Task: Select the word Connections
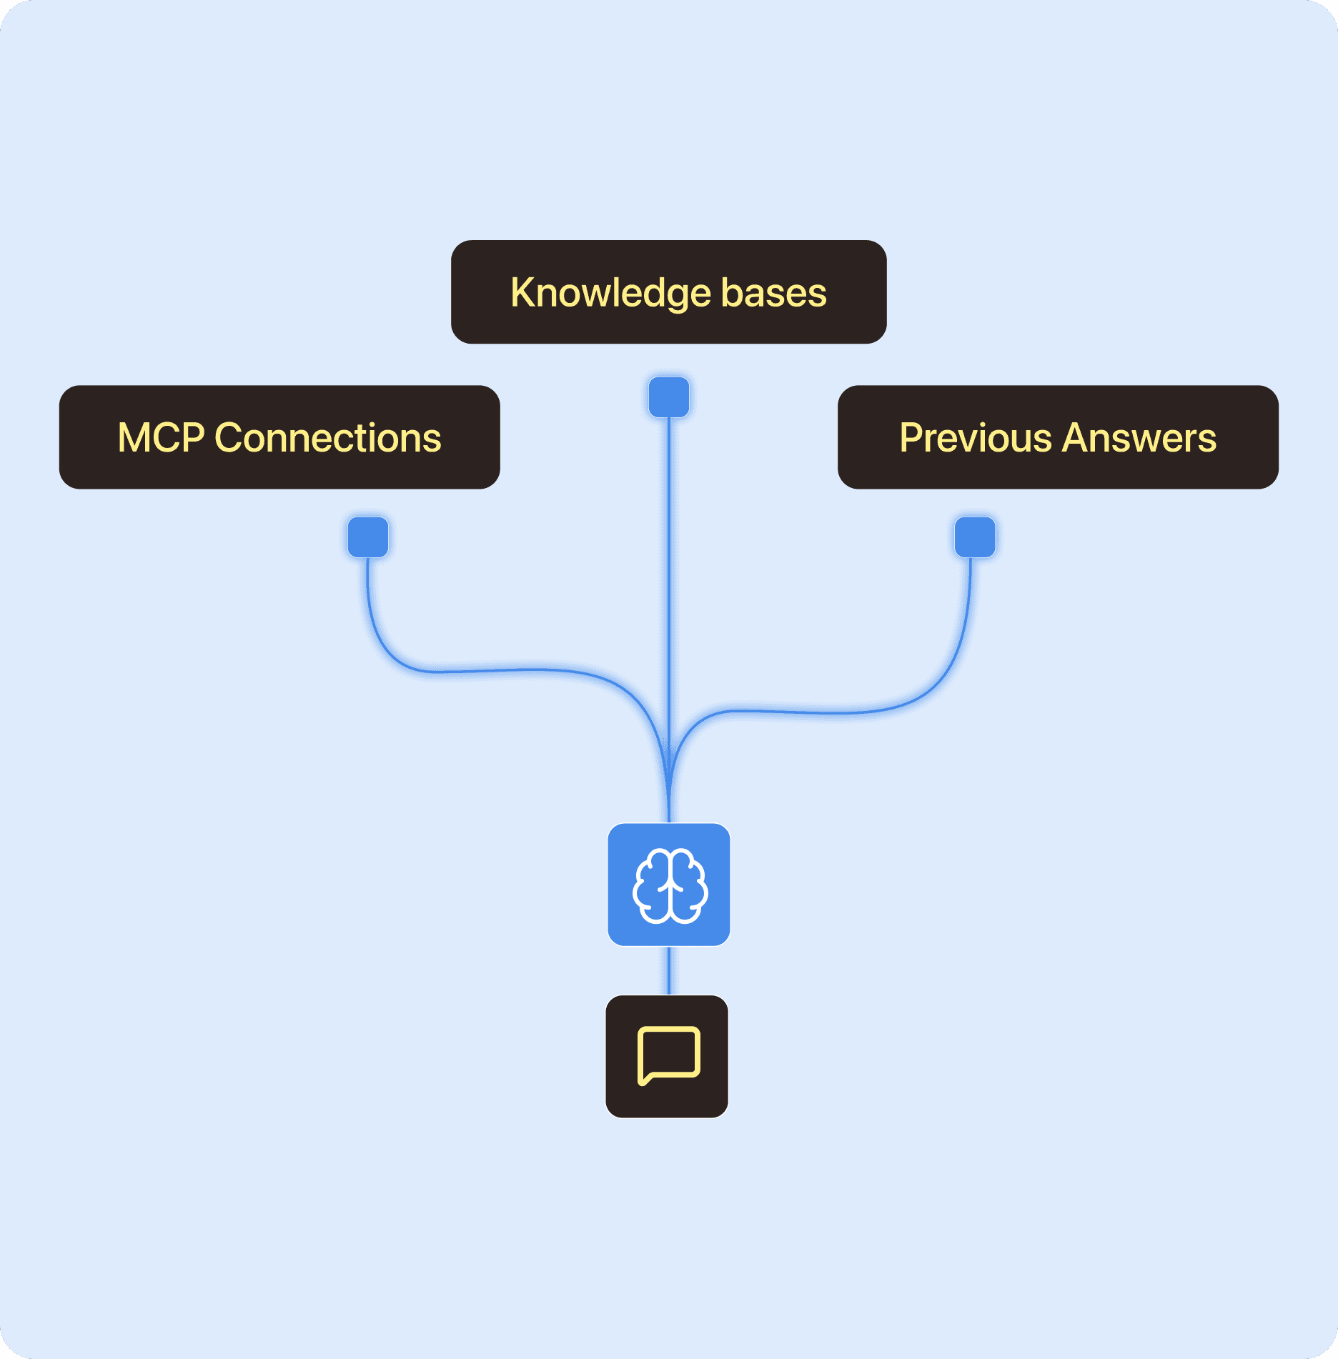[328, 437]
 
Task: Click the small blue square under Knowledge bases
[668, 397]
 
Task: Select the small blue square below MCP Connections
[368, 537]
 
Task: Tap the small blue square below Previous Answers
[975, 537]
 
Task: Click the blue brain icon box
[668, 885]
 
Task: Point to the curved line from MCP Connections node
[500, 670]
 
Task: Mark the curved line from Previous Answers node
[843, 712]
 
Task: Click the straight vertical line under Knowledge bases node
[668, 572]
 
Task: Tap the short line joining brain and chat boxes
[668, 970]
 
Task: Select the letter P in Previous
[911, 437]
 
